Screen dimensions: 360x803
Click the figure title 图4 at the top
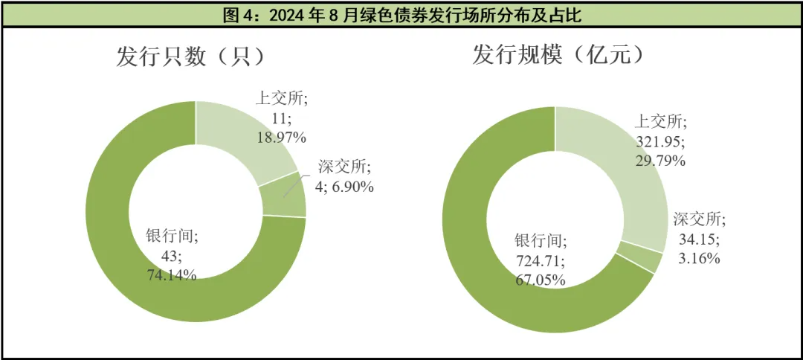[x=401, y=15]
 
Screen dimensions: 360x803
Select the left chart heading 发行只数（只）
[x=190, y=57]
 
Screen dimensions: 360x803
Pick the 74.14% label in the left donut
[x=172, y=274]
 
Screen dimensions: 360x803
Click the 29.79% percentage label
[x=660, y=160]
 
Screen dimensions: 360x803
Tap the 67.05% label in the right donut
[x=540, y=280]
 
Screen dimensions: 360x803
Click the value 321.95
[x=660, y=141]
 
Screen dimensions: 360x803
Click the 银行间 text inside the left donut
[x=172, y=237]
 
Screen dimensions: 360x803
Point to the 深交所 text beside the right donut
[x=699, y=220]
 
